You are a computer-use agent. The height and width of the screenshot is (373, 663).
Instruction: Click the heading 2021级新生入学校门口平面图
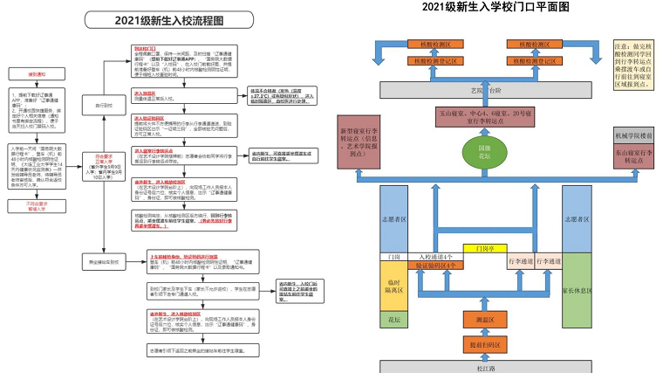(x=495, y=7)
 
